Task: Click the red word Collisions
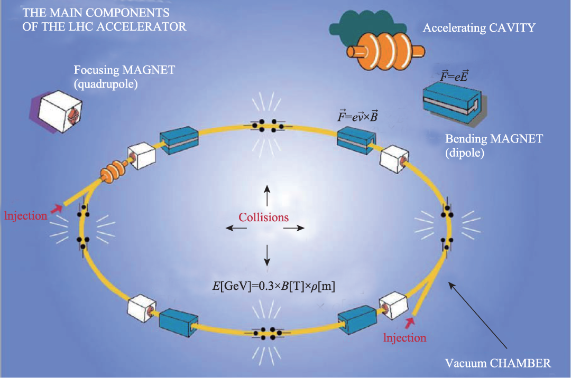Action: [x=263, y=217]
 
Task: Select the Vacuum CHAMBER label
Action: [x=498, y=363]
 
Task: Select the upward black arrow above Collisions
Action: [x=267, y=195]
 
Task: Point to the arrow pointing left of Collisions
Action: [x=236, y=228]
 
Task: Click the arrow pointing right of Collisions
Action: [x=294, y=228]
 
